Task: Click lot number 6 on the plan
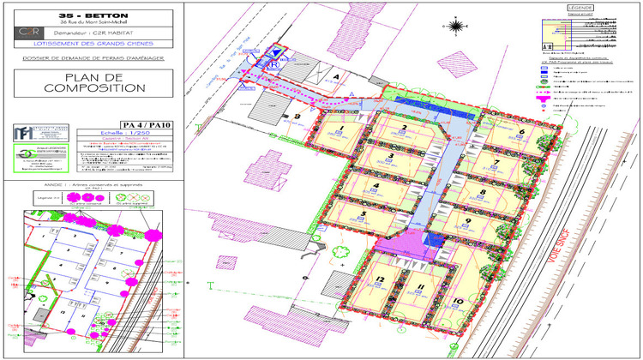click(521, 132)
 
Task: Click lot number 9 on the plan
click(468, 221)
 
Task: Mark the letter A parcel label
click(335, 76)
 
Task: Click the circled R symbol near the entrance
click(273, 63)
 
